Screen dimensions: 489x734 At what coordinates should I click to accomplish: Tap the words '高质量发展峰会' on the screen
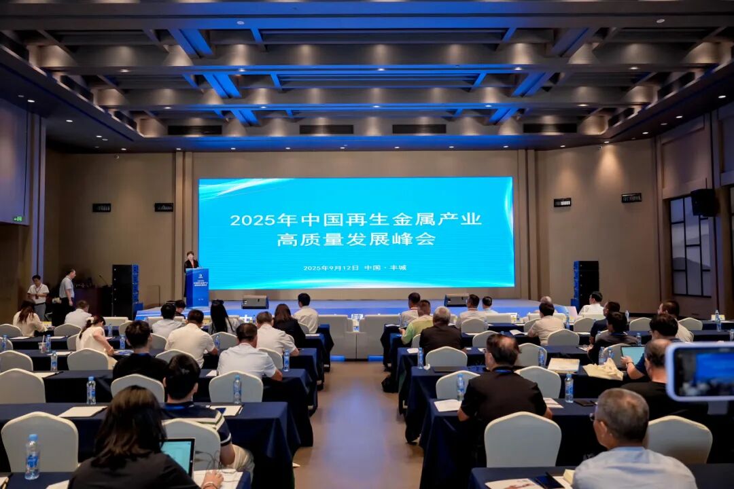[x=355, y=239]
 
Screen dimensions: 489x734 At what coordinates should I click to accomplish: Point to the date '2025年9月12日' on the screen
[x=330, y=268]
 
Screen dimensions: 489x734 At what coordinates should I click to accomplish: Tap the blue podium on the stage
[x=197, y=287]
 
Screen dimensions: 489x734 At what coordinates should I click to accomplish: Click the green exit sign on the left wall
[x=18, y=219]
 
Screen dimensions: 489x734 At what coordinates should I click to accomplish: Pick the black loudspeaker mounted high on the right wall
[x=703, y=202]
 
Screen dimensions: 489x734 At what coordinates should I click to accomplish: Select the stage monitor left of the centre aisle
[x=255, y=302]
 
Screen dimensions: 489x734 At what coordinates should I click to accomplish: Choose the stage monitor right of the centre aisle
[x=455, y=300]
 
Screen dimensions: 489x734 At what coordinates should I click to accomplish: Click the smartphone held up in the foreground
[x=700, y=372]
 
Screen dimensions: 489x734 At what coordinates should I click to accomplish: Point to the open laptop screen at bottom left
[x=178, y=454]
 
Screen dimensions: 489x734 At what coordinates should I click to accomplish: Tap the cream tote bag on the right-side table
[x=604, y=369]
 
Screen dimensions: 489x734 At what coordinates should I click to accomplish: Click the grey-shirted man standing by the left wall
[x=67, y=289]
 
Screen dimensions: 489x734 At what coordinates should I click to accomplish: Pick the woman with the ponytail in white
[x=93, y=335]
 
